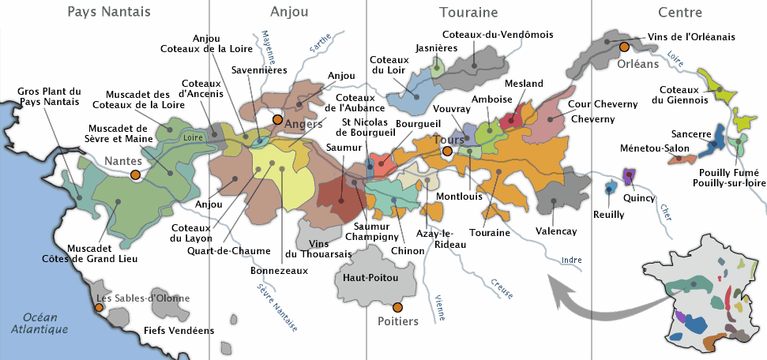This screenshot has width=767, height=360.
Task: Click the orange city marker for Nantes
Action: [135, 174]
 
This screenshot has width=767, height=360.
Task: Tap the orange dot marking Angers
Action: [277, 119]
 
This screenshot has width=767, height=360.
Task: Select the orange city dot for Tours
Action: [447, 151]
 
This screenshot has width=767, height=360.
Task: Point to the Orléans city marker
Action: [624, 47]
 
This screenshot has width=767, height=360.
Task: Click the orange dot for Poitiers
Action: [397, 306]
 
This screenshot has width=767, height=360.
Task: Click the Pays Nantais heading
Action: [109, 12]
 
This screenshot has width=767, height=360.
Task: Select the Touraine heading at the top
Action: [468, 12]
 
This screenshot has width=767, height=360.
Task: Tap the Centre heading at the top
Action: [679, 12]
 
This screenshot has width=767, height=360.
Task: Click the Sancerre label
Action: [692, 134]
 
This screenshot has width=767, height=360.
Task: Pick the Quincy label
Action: [639, 198]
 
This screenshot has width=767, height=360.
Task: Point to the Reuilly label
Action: [608, 214]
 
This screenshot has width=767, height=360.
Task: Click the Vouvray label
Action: [452, 108]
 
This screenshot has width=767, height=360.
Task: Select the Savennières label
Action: [258, 70]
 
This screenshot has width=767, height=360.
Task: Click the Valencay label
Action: [556, 231]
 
